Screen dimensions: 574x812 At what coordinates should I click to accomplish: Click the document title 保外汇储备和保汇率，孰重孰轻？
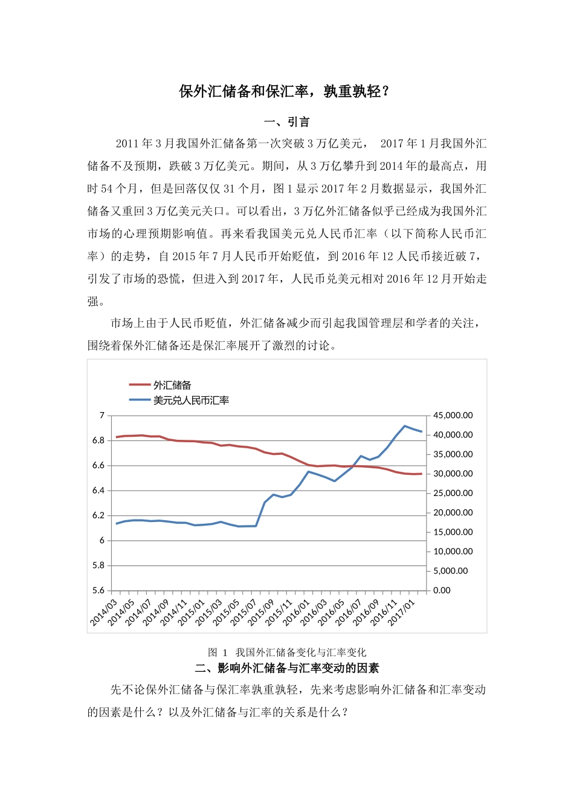click(286, 91)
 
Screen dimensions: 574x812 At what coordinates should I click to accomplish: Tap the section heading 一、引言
click(287, 122)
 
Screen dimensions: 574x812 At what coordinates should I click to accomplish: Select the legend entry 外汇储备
click(172, 385)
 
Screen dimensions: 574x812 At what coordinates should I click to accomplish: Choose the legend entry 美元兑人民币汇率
click(190, 400)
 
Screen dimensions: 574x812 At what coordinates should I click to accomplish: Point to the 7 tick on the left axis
click(102, 415)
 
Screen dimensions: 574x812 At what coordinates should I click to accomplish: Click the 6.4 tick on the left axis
click(98, 491)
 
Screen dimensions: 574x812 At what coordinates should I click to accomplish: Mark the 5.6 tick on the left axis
click(98, 590)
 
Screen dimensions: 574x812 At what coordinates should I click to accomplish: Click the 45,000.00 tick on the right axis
click(453, 415)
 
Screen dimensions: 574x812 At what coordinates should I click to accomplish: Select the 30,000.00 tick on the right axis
click(453, 474)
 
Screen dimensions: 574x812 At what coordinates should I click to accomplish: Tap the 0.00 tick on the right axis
click(442, 590)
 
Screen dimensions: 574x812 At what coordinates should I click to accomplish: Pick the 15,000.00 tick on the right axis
click(453, 532)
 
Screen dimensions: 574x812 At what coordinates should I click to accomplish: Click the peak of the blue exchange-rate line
click(404, 426)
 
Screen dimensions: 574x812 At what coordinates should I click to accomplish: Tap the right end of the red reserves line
click(421, 474)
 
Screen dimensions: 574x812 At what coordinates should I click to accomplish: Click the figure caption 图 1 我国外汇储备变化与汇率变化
click(287, 652)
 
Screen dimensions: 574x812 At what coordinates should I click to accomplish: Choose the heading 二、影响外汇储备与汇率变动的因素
click(287, 668)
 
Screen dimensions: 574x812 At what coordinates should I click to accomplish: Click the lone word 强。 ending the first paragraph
click(96, 301)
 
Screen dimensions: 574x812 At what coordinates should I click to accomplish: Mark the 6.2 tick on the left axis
click(98, 515)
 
